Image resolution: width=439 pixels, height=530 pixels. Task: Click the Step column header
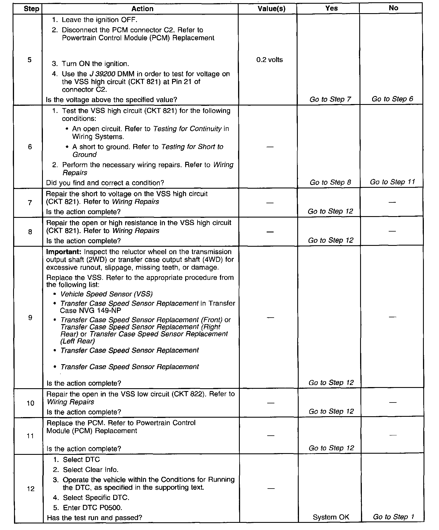tap(31, 9)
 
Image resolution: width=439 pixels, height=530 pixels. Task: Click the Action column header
tap(142, 9)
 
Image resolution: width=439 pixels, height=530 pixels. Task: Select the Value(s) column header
tap(271, 9)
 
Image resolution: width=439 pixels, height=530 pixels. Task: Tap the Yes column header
tap(331, 8)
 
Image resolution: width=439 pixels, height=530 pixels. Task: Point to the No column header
tap(393, 8)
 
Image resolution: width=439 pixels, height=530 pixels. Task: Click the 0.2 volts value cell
tap(270, 60)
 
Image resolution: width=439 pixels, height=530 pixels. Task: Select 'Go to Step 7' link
tap(330, 99)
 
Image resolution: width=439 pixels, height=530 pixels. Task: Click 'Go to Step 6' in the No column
tap(392, 99)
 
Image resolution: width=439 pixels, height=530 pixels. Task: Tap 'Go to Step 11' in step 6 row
tap(392, 182)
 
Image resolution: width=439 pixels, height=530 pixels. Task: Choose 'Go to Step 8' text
tap(330, 182)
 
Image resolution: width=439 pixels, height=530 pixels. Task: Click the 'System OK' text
tap(331, 517)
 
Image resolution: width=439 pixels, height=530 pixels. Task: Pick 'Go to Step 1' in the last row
tap(393, 517)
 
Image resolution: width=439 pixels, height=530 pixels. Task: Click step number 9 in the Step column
tap(30, 318)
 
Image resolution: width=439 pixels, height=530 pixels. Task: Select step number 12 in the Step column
tap(31, 489)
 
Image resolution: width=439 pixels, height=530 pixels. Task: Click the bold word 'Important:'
tap(64, 252)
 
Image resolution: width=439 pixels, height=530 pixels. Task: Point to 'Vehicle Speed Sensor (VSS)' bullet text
tap(106, 294)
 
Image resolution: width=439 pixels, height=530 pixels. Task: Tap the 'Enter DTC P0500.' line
tap(92, 507)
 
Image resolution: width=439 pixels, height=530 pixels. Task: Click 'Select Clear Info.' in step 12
tap(91, 470)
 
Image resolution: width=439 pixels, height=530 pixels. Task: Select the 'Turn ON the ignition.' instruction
tap(95, 64)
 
